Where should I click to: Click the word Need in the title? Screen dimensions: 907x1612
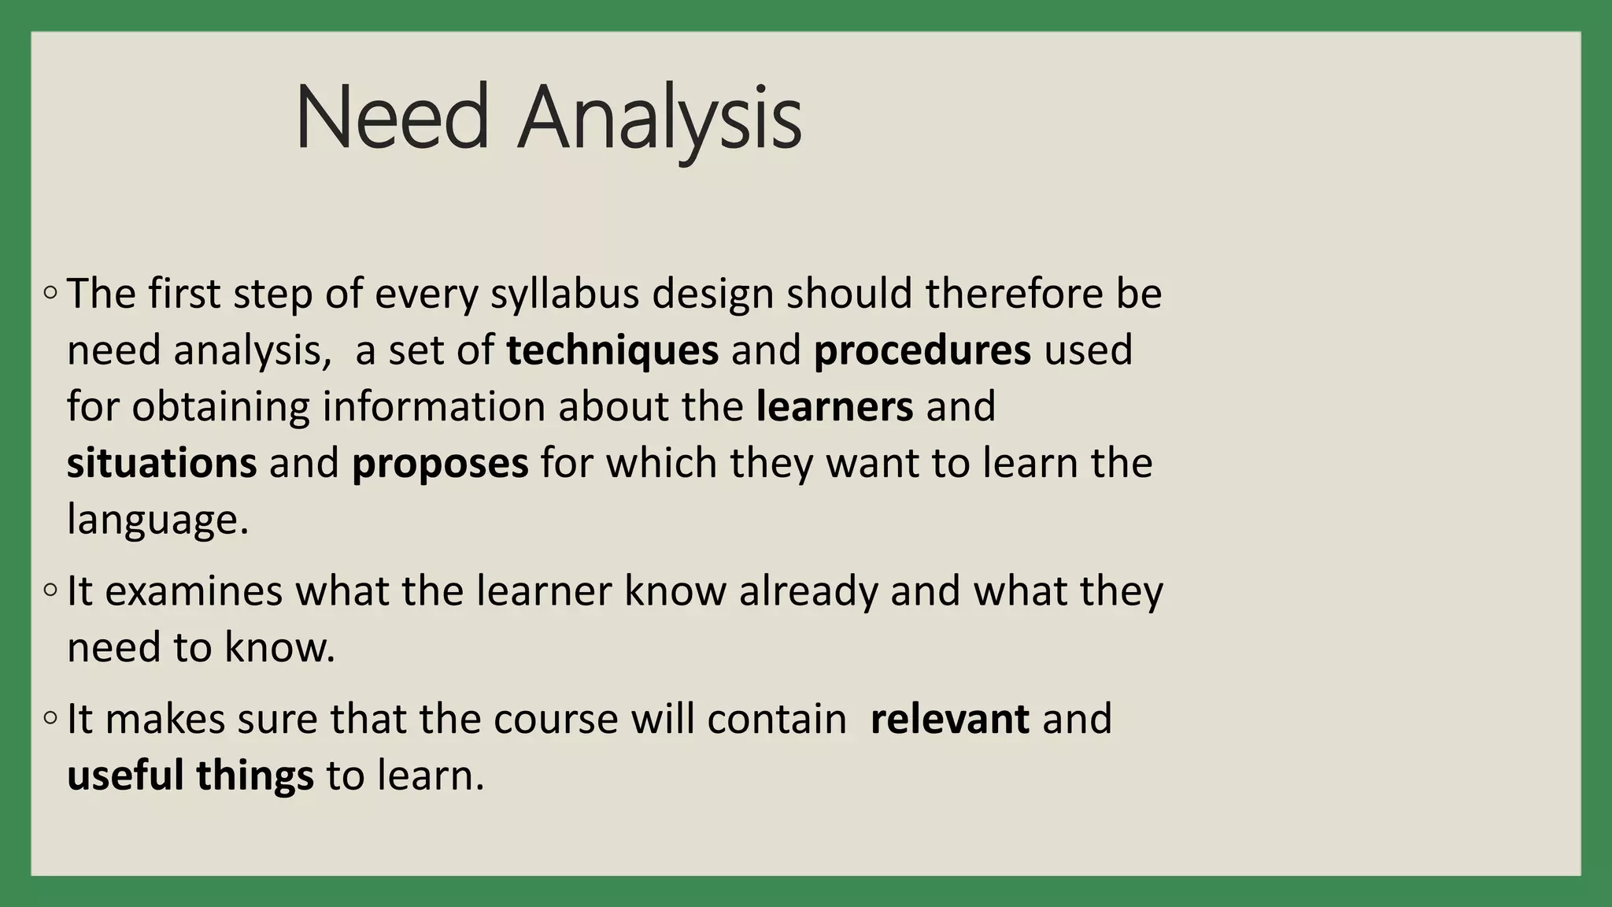click(393, 118)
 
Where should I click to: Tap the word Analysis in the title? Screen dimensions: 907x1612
click(660, 118)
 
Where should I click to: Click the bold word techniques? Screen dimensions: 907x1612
click(612, 350)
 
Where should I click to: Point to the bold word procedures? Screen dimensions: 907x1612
click(922, 350)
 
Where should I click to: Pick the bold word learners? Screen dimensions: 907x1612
click(834, 407)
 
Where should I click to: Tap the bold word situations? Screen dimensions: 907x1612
click(161, 463)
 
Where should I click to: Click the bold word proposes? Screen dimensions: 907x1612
click(440, 465)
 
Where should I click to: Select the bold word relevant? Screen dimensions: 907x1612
click(949, 719)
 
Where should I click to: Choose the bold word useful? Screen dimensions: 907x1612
click(125, 776)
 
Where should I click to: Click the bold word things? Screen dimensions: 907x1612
click(255, 776)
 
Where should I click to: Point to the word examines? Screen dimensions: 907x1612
click(194, 591)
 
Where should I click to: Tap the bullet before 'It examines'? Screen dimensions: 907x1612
click(50, 590)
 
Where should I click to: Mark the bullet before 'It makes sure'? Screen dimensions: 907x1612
click(50, 718)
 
